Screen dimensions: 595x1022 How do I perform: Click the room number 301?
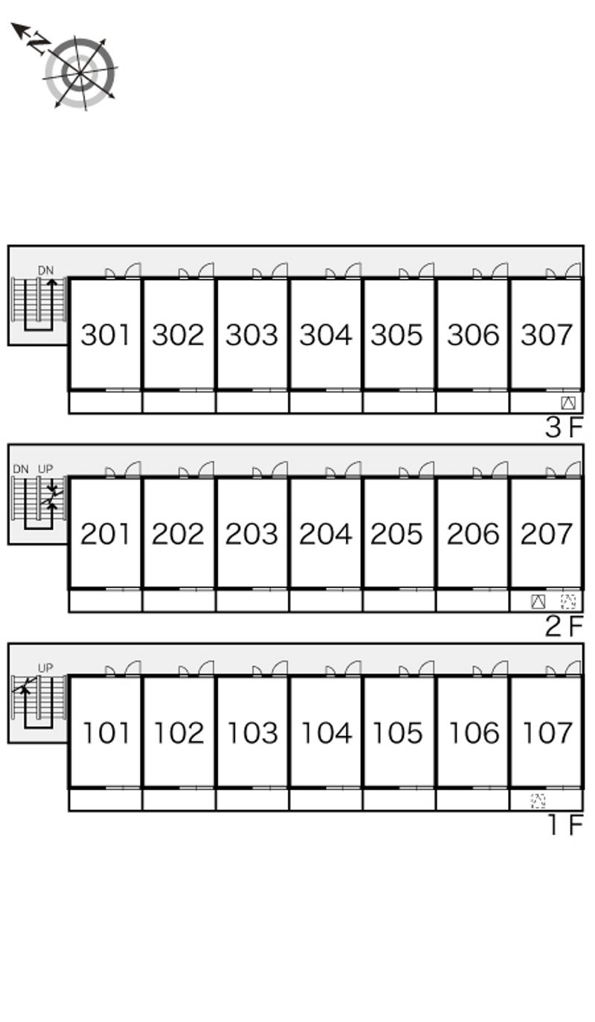click(x=105, y=334)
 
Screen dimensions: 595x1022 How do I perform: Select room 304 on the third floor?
click(x=326, y=334)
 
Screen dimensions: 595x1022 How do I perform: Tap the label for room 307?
click(x=546, y=334)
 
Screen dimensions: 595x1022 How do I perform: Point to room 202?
click(x=178, y=534)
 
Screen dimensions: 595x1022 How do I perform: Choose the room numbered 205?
click(x=396, y=534)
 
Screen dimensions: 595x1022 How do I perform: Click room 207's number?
click(x=546, y=534)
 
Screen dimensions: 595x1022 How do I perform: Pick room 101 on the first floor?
click(x=106, y=732)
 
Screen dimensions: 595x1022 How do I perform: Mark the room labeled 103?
click(x=253, y=732)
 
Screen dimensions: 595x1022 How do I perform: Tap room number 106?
click(x=475, y=732)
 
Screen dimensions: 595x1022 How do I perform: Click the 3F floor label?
click(x=565, y=427)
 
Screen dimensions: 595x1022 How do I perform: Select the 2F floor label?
click(x=565, y=626)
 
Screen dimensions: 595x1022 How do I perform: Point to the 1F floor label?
click(x=566, y=825)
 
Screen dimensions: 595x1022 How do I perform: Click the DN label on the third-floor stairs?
click(x=45, y=270)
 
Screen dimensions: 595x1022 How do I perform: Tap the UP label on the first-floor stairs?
click(x=45, y=668)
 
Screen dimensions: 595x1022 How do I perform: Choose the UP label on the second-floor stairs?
click(x=45, y=469)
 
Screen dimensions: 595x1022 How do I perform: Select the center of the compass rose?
click(x=80, y=73)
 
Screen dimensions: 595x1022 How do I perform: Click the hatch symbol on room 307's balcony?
click(x=568, y=403)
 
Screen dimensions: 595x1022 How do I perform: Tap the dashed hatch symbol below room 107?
click(x=538, y=801)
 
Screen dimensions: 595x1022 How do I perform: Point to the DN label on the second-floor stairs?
click(x=21, y=469)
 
